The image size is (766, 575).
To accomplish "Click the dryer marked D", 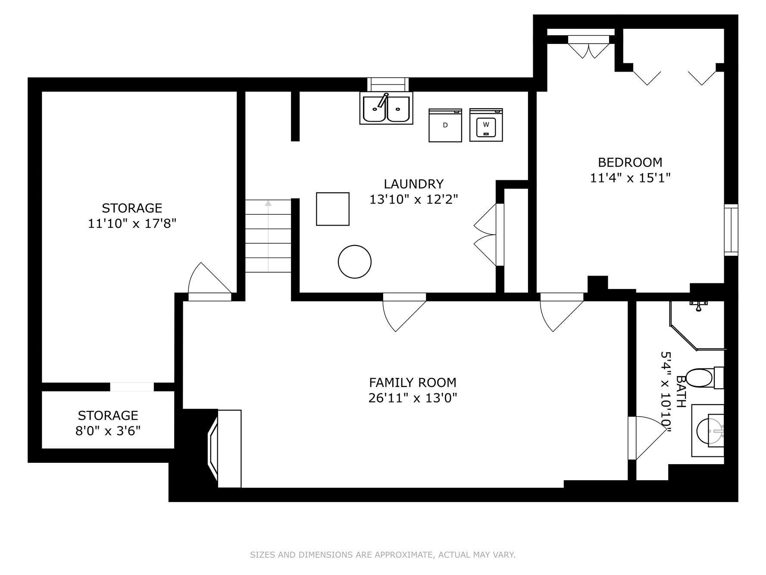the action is coord(445,125).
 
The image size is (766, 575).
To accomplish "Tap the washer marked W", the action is coord(486,125).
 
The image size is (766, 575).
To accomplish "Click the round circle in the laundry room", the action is coord(355,262).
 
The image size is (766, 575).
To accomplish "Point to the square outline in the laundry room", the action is coord(333,209).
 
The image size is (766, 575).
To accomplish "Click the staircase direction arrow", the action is coord(269,236).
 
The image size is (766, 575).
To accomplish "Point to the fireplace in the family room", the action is coord(224,449).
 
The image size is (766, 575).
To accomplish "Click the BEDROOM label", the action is coord(630,162).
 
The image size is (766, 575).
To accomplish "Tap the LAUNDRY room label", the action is coord(413,184).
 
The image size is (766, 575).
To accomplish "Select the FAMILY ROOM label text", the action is coord(413,383).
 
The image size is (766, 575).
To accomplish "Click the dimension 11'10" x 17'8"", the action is coord(132,223).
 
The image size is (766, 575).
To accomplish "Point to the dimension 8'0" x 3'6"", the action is coord(108,430).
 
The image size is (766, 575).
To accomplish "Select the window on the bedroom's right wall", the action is coord(731,230).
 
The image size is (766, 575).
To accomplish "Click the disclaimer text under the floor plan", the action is coord(383,555).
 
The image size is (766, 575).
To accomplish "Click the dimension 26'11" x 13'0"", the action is coord(413,398).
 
